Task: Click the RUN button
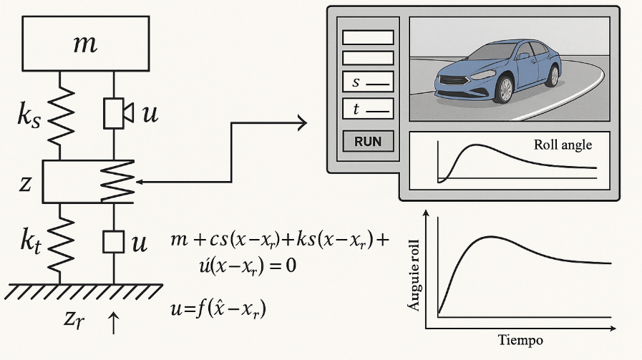click(368, 141)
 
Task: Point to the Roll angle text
click(563, 145)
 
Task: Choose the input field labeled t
click(368, 109)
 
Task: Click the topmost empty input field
click(368, 37)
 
